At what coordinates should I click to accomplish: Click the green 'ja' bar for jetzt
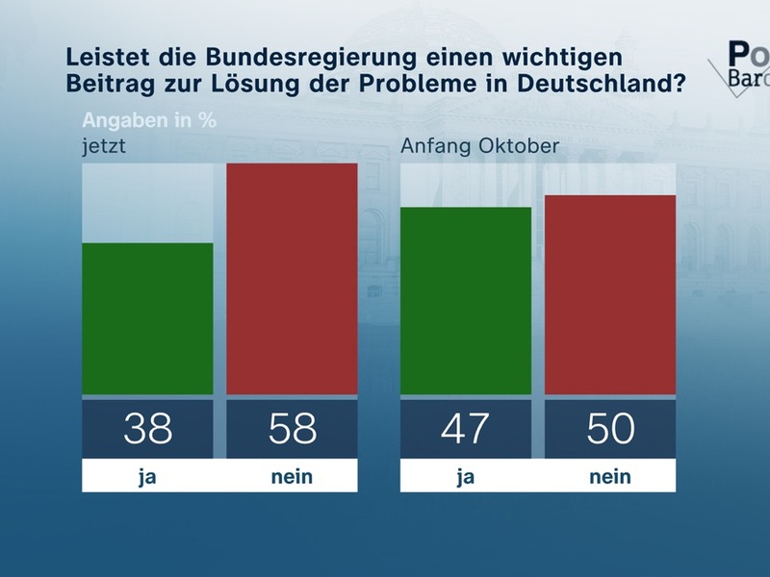[147, 318]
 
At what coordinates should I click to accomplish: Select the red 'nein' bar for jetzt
[292, 279]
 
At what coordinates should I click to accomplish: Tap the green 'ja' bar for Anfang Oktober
[465, 300]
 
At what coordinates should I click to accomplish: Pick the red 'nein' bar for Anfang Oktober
[609, 294]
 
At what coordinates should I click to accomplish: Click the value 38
[147, 428]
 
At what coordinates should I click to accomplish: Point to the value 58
[292, 428]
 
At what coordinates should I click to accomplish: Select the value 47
[465, 428]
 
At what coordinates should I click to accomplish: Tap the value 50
[609, 428]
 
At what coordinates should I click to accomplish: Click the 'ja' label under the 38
[147, 476]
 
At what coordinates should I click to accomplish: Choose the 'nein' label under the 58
[292, 476]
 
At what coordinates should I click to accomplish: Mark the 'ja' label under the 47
[465, 476]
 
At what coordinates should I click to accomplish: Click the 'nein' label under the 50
[609, 476]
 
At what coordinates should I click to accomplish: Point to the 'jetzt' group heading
[104, 147]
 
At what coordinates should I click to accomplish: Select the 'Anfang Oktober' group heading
[465, 147]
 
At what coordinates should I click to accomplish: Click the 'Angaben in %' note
[149, 121]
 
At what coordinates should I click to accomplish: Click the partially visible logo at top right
[746, 63]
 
